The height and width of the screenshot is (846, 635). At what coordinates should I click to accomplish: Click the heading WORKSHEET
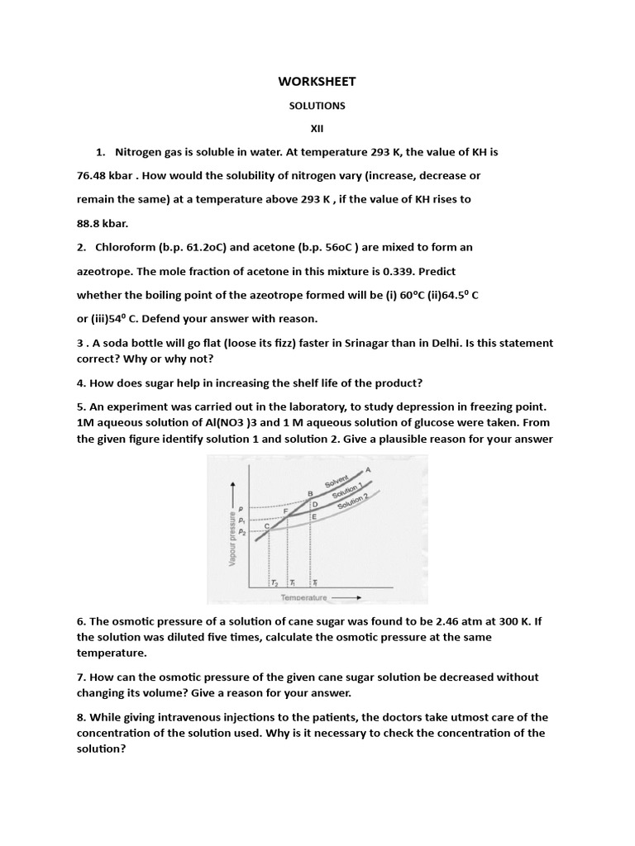click(x=317, y=81)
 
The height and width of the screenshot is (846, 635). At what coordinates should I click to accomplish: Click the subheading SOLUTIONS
click(x=317, y=106)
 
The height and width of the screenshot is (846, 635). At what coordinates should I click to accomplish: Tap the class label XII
click(x=317, y=129)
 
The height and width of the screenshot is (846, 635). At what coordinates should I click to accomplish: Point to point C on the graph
click(x=266, y=526)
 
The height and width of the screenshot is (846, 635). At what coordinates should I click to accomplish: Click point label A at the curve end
click(x=368, y=469)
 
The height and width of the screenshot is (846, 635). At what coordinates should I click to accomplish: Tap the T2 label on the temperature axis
click(x=275, y=582)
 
